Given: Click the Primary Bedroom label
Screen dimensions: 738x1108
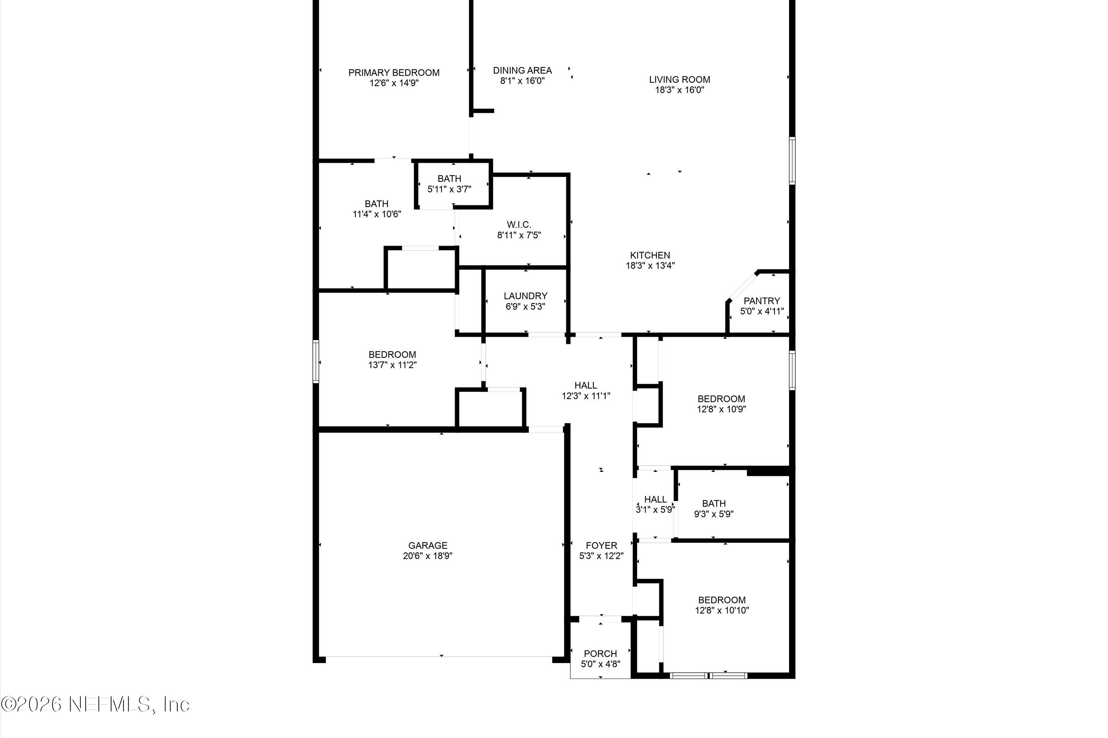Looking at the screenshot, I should coord(394,72).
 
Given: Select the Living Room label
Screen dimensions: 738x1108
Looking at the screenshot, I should coord(679,80).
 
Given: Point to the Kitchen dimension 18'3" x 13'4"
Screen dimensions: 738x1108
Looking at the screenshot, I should coord(650,265).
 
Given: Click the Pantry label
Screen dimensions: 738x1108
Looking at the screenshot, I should coord(761,301).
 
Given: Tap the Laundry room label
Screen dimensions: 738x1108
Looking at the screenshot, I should coord(525,296).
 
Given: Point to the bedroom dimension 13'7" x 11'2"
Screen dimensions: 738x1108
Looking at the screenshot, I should coord(392,365).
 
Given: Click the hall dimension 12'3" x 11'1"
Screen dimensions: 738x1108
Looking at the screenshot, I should coord(585,396).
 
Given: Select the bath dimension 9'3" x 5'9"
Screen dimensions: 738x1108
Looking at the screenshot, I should coord(713,514).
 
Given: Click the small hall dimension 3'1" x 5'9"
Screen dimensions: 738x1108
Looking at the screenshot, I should coord(655,510).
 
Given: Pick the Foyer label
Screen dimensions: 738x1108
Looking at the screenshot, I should coord(601,545).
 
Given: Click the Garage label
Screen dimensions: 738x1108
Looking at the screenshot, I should coord(427,545).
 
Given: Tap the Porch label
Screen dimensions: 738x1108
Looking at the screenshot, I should coord(600,654).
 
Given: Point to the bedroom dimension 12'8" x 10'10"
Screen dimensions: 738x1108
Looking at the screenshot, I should coord(721,610).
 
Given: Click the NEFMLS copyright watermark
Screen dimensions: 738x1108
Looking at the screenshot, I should coord(95,704).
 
